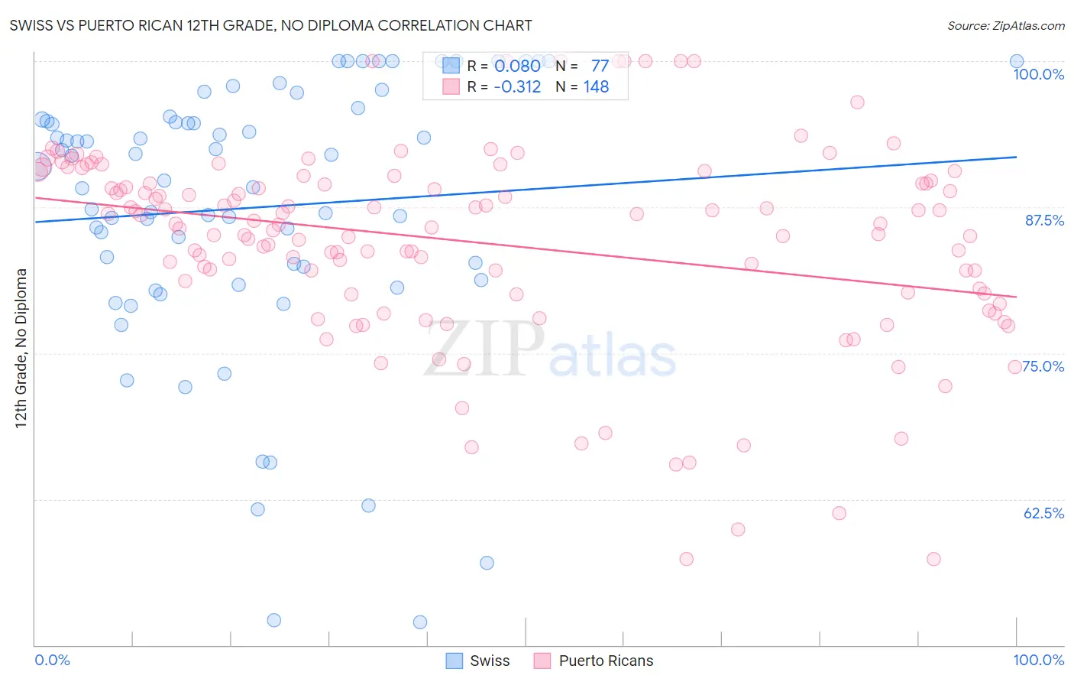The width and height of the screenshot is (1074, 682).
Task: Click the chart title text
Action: click(x=270, y=25)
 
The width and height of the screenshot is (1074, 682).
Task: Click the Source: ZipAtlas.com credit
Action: click(x=1005, y=25)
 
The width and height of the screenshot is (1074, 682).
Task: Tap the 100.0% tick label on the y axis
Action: click(x=1038, y=74)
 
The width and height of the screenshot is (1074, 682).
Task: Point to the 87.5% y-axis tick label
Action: click(x=1044, y=220)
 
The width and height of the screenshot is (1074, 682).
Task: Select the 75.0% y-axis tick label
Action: click(x=1043, y=366)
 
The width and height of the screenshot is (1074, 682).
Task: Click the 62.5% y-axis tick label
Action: click(x=1043, y=513)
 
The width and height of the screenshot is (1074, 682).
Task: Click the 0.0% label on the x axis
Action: click(x=52, y=660)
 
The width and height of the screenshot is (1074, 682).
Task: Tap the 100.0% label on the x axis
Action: click(x=1038, y=660)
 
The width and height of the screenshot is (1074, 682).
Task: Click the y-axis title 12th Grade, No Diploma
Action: click(x=21, y=348)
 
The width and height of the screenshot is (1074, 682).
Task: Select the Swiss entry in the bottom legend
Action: click(x=477, y=661)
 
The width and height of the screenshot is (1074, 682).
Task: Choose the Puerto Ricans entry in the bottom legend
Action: click(x=593, y=661)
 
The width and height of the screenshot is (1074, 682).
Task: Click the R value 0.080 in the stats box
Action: click(x=517, y=66)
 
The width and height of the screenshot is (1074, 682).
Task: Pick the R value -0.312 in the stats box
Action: click(x=517, y=87)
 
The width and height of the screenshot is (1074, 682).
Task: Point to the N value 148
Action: click(x=596, y=87)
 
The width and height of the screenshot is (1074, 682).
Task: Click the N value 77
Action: click(x=600, y=66)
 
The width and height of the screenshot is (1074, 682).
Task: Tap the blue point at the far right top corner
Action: click(x=1017, y=61)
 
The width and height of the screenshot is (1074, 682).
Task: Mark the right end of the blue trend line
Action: click(x=1017, y=157)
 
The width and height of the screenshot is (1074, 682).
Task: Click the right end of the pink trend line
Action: click(x=1017, y=297)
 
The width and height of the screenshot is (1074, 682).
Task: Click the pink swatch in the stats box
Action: click(x=451, y=86)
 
